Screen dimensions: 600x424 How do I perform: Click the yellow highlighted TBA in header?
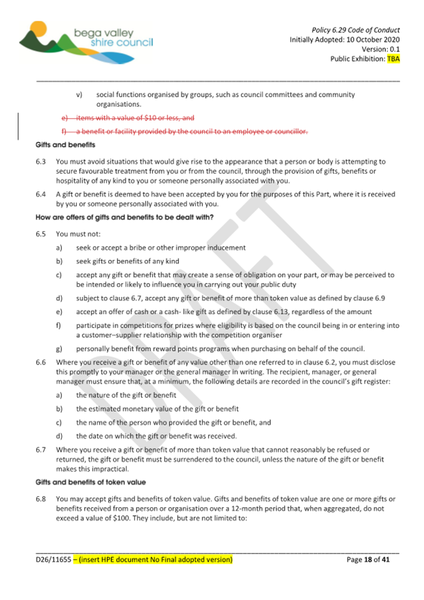(x=393, y=59)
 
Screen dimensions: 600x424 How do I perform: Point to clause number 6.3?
(x=41, y=161)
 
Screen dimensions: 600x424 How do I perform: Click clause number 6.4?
(x=41, y=195)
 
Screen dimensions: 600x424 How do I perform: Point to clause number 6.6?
(x=41, y=362)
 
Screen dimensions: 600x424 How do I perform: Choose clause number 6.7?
(x=41, y=450)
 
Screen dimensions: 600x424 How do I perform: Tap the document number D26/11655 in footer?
(x=53, y=559)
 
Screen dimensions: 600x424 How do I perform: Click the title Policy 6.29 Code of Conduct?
(x=356, y=29)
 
